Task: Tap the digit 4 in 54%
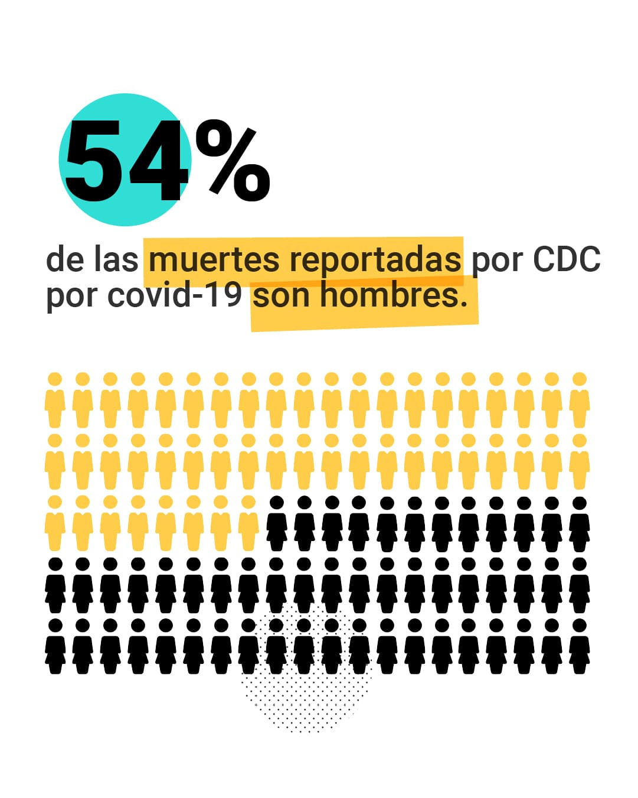(x=156, y=161)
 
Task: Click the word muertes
(x=213, y=259)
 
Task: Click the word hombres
(x=393, y=295)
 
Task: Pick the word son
(x=282, y=295)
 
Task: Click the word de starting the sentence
(x=64, y=259)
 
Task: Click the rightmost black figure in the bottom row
(x=580, y=647)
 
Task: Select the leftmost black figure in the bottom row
(x=55, y=647)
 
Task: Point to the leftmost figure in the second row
(x=55, y=462)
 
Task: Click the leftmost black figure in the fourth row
(x=55, y=585)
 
